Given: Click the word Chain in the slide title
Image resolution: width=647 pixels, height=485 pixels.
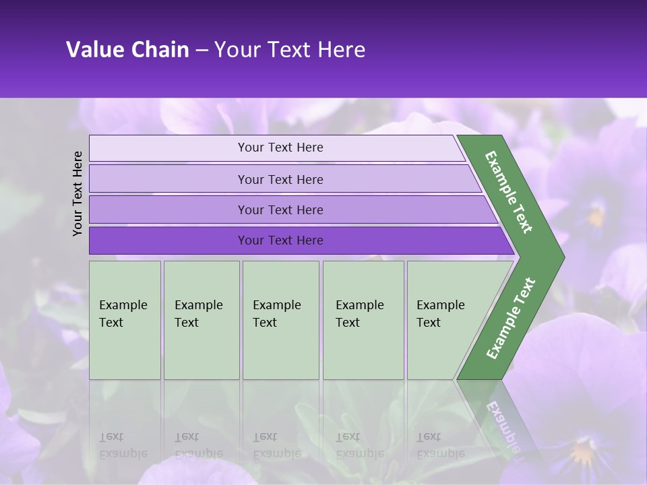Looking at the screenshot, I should (x=160, y=50).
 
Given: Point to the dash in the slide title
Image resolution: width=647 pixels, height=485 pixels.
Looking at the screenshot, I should (x=202, y=50).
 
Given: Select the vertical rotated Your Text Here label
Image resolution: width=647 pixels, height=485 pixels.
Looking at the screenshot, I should (x=78, y=193).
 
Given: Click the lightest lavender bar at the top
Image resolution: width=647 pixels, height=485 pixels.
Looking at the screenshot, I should (x=280, y=148).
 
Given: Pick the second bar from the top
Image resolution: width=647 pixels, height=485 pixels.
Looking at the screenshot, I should (x=280, y=179).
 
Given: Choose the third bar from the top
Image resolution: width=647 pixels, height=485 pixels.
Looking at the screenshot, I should (x=280, y=209).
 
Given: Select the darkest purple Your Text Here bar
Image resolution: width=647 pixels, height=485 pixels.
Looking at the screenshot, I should (x=280, y=240).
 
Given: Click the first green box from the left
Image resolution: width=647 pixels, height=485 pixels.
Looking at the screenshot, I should (x=125, y=320).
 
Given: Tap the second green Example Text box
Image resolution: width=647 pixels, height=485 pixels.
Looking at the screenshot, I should (x=201, y=320).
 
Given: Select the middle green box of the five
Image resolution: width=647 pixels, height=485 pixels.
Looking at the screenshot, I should (x=280, y=320).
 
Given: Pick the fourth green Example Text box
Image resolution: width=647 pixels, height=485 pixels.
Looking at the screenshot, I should (x=363, y=320).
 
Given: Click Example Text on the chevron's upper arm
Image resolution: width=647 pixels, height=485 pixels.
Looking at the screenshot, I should (x=509, y=192).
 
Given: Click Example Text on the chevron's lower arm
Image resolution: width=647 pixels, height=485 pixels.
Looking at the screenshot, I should (x=511, y=319).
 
